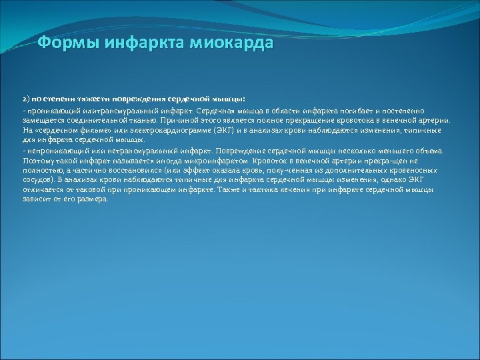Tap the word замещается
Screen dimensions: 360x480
[41, 121]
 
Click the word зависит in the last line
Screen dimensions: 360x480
[35, 199]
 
